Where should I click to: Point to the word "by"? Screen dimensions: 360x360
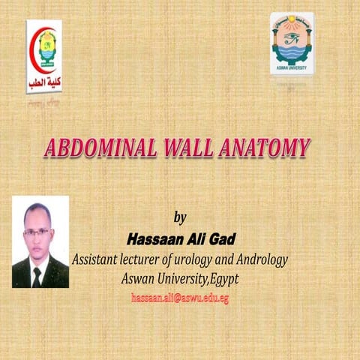[x=179, y=218]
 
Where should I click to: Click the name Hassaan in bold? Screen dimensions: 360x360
[x=154, y=239]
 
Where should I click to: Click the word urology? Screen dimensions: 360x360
[x=197, y=259]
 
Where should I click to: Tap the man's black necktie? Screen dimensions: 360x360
[x=37, y=276]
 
